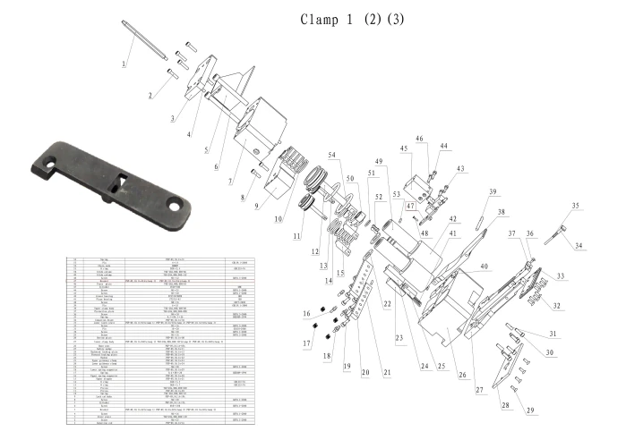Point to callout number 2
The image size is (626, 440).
[x=150, y=95]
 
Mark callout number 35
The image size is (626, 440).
[x=575, y=206]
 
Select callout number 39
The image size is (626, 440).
[x=492, y=191]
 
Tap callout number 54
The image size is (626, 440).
[x=333, y=156]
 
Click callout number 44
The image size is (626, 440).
[x=443, y=145]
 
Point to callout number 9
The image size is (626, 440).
[x=258, y=205]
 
